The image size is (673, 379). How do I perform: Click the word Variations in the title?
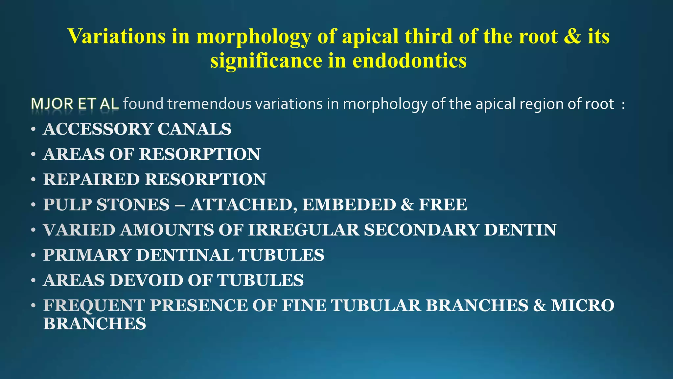[117, 36]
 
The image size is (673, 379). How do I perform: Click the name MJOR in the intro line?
[52, 104]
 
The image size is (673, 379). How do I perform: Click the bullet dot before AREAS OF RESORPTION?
[33, 154]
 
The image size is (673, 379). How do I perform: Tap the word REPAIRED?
[91, 180]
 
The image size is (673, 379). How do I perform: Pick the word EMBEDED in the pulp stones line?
[349, 205]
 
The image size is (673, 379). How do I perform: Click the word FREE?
[443, 205]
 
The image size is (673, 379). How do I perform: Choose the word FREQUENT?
[94, 305]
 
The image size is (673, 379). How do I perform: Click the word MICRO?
[582, 305]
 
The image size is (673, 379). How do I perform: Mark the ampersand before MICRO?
[539, 305]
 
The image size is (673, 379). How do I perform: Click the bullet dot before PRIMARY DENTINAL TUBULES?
[33, 255]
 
